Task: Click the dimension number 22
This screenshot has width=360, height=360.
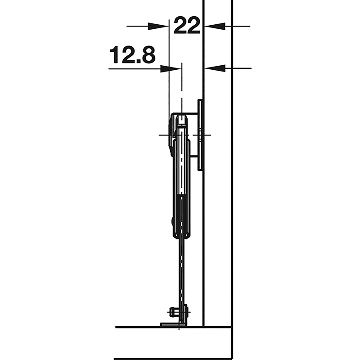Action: click(x=187, y=26)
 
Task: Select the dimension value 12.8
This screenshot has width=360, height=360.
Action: click(x=132, y=55)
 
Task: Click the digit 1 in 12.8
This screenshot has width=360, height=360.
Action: click(x=115, y=55)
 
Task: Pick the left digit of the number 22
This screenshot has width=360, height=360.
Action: click(x=180, y=26)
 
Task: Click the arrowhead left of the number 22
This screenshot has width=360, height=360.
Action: click(x=158, y=27)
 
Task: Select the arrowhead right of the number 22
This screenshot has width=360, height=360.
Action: click(x=215, y=27)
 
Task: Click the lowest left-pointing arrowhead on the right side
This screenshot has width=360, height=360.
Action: click(x=215, y=68)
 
